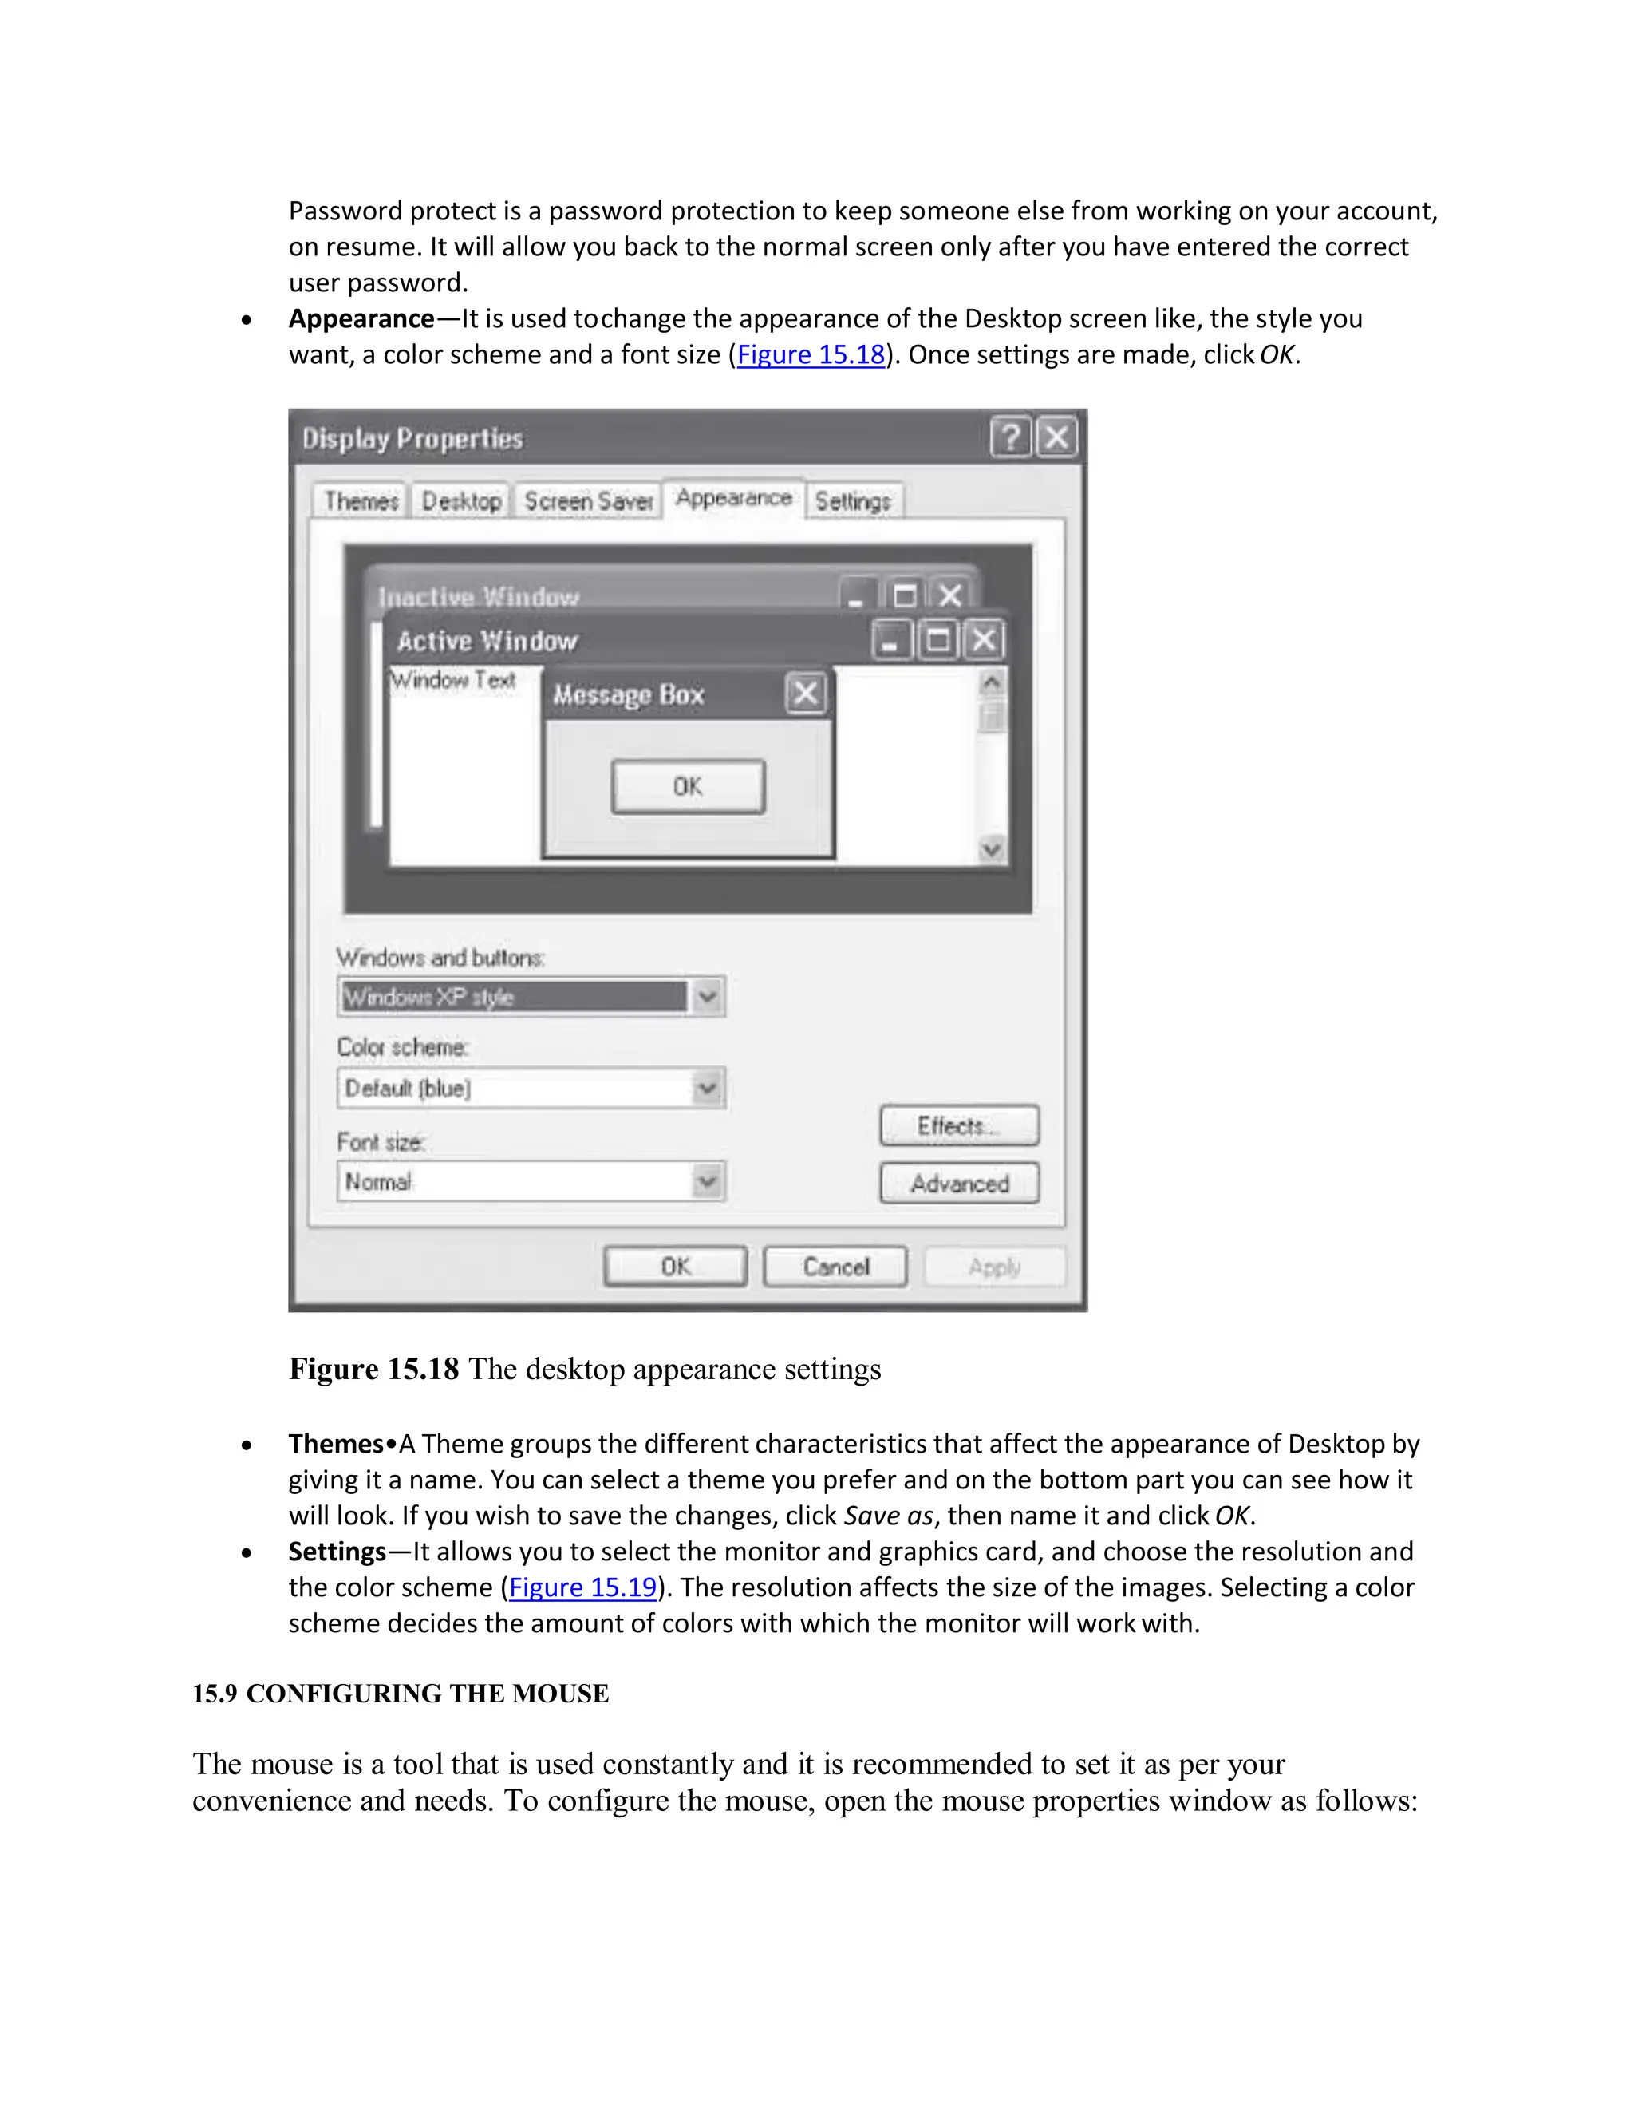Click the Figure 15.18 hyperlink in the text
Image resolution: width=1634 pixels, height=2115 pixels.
click(x=811, y=355)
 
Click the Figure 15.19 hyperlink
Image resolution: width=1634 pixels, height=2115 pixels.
click(x=582, y=1587)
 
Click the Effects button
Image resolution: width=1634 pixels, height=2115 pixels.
click(x=958, y=1125)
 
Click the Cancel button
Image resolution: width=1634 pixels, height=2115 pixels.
click(x=835, y=1267)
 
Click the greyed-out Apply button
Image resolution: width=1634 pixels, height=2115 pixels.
click(x=994, y=1267)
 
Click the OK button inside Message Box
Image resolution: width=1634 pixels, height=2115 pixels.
click(x=687, y=786)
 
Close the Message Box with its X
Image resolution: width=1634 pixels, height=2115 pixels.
click(x=805, y=694)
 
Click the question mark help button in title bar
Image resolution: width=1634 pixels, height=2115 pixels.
click(x=1009, y=437)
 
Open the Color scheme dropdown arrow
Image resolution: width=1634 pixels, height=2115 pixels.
click(x=708, y=1089)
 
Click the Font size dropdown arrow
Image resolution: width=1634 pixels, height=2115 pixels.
click(x=708, y=1181)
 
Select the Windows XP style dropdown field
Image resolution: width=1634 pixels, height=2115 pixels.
click(x=513, y=997)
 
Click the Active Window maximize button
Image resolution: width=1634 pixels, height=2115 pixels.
click(x=937, y=640)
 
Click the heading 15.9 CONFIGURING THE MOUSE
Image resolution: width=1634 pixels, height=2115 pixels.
click(x=400, y=1694)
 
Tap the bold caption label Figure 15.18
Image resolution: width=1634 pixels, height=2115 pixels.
click(x=373, y=1370)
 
